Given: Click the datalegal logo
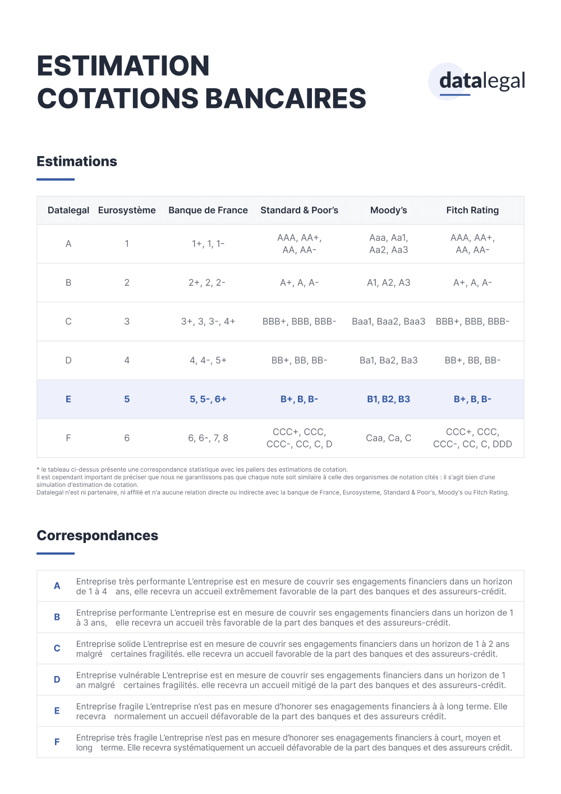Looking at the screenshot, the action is click(x=481, y=81).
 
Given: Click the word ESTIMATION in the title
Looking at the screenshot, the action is click(x=123, y=66).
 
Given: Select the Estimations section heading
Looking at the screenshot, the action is click(x=77, y=162).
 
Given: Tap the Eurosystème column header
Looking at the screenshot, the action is click(x=127, y=210).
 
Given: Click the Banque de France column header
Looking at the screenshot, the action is click(x=208, y=210).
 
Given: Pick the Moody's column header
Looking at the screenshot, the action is click(x=389, y=210).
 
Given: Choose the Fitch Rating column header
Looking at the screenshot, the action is click(x=472, y=210).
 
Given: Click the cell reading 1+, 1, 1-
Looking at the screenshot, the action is click(x=208, y=244).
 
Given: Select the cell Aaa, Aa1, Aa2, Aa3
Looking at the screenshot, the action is click(x=389, y=244).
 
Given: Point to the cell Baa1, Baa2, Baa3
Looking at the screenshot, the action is click(x=389, y=321).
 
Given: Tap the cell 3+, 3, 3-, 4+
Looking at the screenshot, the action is click(x=208, y=321).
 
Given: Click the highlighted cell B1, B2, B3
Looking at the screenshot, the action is click(x=389, y=399).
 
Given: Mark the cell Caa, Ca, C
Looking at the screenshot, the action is click(x=389, y=438).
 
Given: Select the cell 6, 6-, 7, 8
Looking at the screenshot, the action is click(x=208, y=438).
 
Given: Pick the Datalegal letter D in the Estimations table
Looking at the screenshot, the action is click(x=68, y=361).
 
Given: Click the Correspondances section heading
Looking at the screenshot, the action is click(x=98, y=536).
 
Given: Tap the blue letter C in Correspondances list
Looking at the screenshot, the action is click(x=57, y=649).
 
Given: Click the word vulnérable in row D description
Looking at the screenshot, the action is click(x=139, y=675).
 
